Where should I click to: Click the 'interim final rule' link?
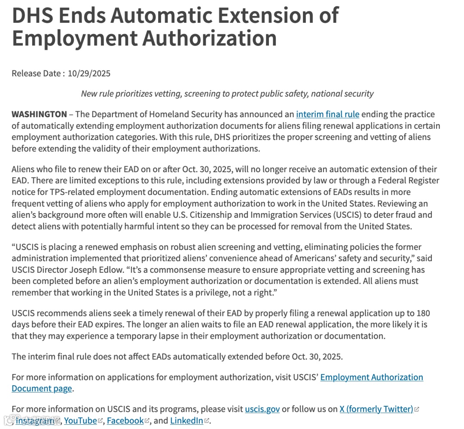327,114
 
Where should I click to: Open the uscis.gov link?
262,409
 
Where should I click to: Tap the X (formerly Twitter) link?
376,409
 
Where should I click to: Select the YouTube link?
80,420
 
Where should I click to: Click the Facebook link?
125,420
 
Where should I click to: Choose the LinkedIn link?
186,420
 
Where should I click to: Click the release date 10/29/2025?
89,73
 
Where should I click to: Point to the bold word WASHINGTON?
39,114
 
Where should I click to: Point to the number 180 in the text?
423,313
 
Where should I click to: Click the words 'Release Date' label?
36,73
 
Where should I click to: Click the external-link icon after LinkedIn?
207,421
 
